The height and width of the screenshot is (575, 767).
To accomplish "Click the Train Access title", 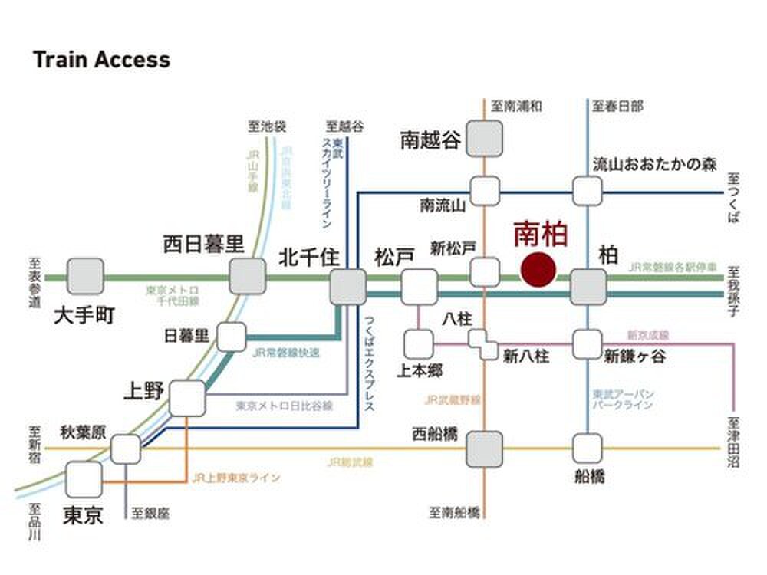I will [x=101, y=60].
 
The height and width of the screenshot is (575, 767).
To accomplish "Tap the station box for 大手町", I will [x=85, y=276].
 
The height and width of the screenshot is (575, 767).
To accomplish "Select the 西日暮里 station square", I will [x=248, y=276].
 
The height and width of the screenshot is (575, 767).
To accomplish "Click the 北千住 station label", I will [x=308, y=256].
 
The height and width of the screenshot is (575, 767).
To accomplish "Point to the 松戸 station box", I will [x=419, y=286].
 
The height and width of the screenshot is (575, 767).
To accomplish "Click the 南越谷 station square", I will [x=486, y=139].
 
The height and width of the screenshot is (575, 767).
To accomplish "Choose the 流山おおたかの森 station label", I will [x=654, y=164].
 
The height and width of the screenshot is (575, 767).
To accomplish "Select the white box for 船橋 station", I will [x=588, y=447].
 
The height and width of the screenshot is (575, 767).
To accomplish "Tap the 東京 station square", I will [x=84, y=479].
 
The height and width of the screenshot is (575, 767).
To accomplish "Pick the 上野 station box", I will [x=187, y=398].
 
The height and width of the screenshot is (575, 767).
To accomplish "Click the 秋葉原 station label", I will [x=84, y=432].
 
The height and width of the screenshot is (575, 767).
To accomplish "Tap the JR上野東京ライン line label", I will [x=235, y=478].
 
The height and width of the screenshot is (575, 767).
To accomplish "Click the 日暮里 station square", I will [x=232, y=336].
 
